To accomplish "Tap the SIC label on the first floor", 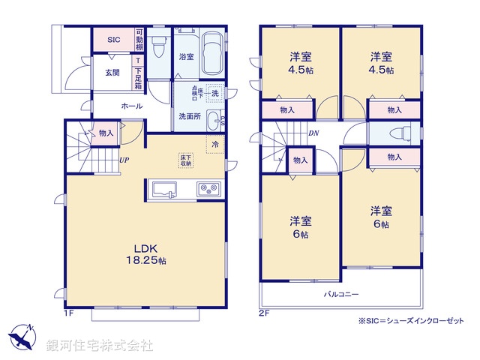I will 113,39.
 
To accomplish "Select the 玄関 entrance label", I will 112,73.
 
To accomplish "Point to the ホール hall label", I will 131,106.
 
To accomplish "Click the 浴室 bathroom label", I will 185,56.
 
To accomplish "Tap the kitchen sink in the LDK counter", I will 165,189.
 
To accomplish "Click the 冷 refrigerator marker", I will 214,144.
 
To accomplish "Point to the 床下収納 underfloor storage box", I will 185,160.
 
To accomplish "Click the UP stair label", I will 121,159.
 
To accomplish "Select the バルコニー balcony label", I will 341,293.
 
